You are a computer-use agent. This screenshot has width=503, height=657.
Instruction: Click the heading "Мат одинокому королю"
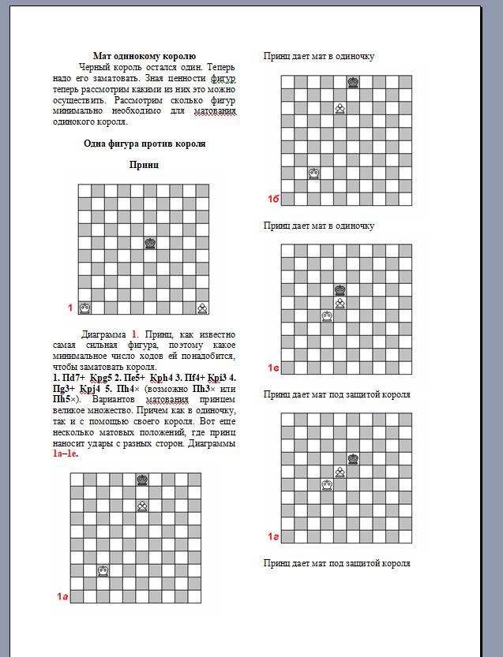tap(145, 55)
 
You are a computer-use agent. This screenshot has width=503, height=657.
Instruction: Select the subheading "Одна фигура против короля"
tap(145, 144)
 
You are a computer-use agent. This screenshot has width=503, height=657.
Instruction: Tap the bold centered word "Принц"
tap(145, 165)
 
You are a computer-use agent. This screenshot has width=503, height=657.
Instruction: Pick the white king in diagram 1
tap(84, 308)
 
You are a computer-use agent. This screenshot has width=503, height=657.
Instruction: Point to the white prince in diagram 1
tap(203, 308)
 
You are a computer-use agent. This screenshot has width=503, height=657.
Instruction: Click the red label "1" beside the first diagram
tap(69, 307)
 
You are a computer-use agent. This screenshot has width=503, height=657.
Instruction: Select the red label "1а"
tap(62, 596)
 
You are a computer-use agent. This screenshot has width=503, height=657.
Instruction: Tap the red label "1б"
tap(273, 200)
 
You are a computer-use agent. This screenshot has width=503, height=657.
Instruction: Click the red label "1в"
tap(273, 368)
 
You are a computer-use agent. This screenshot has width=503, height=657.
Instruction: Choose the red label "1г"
tap(273, 536)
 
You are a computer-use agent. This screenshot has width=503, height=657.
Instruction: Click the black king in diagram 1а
tap(142, 480)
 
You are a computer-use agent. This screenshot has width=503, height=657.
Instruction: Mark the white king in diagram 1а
tap(103, 570)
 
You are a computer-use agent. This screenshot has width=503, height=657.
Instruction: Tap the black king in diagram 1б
tap(353, 82)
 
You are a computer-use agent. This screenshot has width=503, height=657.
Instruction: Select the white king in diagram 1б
tap(313, 173)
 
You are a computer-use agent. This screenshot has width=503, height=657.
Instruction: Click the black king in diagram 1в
tap(340, 290)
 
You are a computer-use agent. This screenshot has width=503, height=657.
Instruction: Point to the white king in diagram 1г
tap(327, 484)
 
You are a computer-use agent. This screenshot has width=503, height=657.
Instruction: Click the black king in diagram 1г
tap(353, 458)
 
